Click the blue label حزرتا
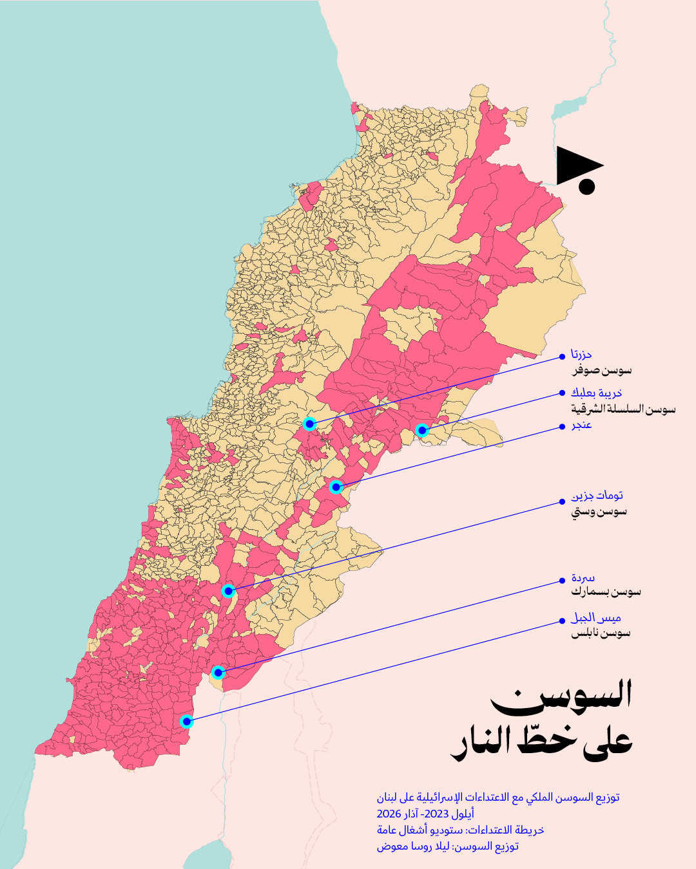[581, 355]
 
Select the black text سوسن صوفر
[602, 371]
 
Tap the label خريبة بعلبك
[596, 393]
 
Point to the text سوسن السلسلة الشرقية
[623, 409]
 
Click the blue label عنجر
[581, 425]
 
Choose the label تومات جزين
[597, 496]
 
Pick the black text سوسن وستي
[599, 512]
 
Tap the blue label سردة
[583, 578]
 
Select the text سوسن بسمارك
[606, 592]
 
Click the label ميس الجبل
[596, 619]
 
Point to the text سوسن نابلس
[601, 633]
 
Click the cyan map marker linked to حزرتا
[309, 424]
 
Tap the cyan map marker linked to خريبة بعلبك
[421, 430]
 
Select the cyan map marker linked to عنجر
[336, 487]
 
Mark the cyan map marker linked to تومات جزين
[228, 590]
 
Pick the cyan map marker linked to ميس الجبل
[187, 721]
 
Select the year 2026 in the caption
[389, 814]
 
